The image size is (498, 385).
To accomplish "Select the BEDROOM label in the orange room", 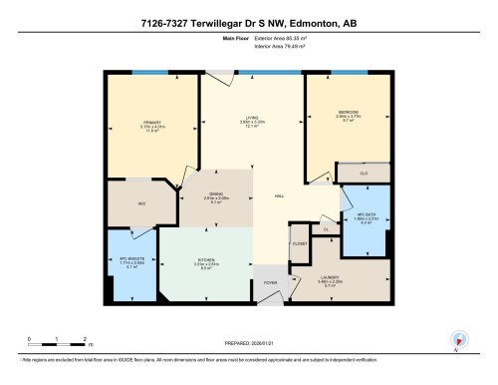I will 347,112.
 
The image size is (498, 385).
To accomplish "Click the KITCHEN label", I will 206,260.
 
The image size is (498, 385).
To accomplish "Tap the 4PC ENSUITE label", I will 132,259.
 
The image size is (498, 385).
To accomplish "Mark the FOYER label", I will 269,281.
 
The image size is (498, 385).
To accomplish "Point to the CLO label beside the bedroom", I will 365,172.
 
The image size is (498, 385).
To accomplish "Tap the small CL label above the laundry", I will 326,229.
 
